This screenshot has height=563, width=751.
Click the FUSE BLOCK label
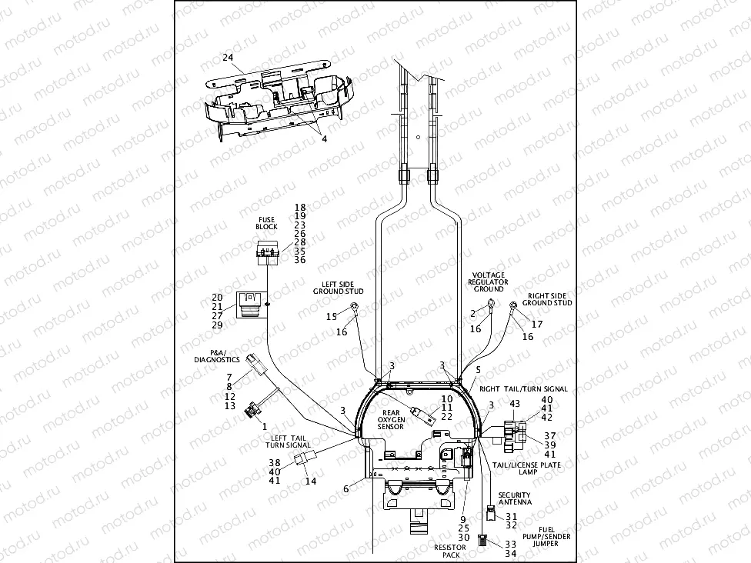pos(265,223)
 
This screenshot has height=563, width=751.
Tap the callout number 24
pos(228,58)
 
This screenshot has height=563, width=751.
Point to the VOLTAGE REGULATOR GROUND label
pos(488,281)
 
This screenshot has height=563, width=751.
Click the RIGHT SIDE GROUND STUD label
pos(549,299)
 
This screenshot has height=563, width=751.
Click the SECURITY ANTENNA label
pos(515,498)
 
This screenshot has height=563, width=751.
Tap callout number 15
pos(332,317)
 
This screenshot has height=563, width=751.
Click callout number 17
pos(537,324)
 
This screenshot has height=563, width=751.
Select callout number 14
pos(311,481)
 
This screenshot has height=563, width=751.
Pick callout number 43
pos(516,404)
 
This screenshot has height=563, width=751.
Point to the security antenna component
pos(490,513)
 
